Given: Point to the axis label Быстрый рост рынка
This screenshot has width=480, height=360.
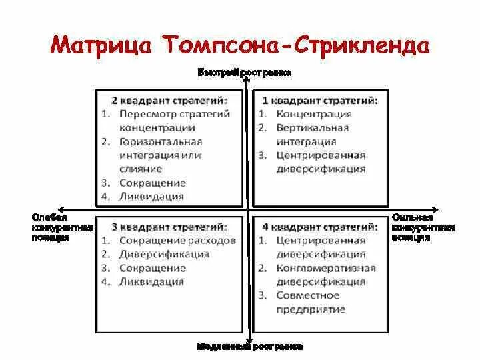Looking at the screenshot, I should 245,71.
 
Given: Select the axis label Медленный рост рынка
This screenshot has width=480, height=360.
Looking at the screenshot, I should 250,346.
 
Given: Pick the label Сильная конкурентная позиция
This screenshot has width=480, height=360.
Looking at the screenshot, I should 423,227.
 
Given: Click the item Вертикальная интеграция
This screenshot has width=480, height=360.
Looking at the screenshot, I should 311,135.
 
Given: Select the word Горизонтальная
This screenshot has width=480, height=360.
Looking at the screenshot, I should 160,141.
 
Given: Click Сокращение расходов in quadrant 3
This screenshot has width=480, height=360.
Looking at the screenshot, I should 177,240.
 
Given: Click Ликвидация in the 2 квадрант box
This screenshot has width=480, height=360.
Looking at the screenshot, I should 151,197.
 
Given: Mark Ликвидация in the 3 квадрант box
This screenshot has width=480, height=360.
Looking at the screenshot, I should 151,281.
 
